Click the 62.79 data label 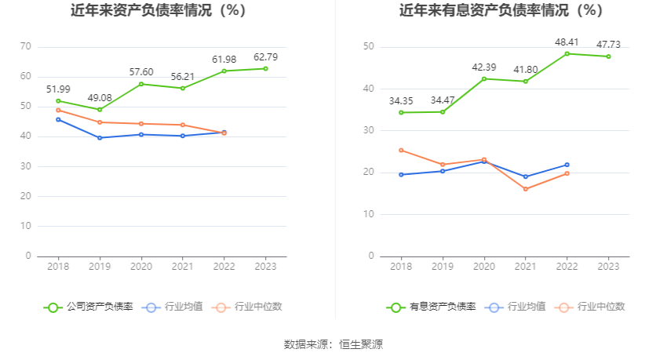tap(265, 57)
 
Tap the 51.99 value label tap(57, 89)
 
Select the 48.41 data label tap(567, 42)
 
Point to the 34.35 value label tap(400, 101)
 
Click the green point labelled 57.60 tap(141, 84)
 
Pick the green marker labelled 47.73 tap(608, 56)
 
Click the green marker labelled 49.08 tap(99, 109)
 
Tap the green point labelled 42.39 tap(484, 78)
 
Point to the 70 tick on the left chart tap(25, 47)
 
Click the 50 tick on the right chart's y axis tap(368, 47)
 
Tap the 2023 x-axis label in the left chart tap(265, 267)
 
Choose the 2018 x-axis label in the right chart tap(401, 267)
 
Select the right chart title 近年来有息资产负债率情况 tap(501, 11)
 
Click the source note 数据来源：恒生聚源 tap(333, 344)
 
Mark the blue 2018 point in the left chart tap(57, 119)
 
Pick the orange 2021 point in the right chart tap(526, 189)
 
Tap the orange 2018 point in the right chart tap(401, 150)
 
